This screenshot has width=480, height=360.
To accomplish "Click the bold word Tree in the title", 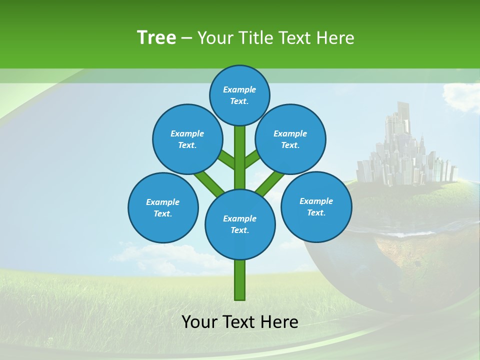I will (156, 37).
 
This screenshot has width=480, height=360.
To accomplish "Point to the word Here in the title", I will (337, 37).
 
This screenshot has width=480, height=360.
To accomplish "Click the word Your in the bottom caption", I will (199, 321).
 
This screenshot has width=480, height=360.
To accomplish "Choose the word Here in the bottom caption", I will (279, 321).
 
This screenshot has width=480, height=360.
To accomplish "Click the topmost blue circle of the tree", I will (239, 95).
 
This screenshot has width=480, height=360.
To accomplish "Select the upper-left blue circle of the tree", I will (187, 139).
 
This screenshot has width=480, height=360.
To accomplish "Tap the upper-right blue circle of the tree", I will (290, 139).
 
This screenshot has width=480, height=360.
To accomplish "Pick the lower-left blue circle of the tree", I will (163, 207).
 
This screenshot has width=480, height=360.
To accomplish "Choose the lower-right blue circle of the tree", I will (316, 206).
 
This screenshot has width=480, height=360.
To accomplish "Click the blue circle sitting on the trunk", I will (240, 224).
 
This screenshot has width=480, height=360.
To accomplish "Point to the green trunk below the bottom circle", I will (240, 280).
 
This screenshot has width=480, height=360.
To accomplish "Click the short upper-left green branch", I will (226, 160).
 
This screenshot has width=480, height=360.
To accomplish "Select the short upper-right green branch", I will (252, 160).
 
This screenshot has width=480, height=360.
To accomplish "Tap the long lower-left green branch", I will (209, 183).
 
